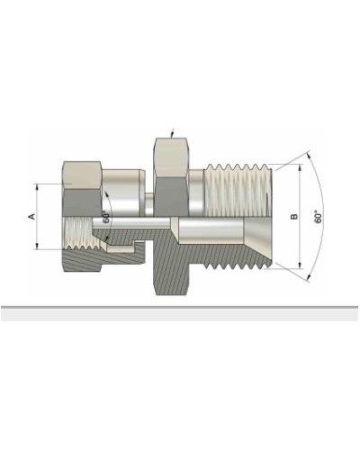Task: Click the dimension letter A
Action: pyautogui.click(x=32, y=217)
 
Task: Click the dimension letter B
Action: pyautogui.click(x=293, y=217)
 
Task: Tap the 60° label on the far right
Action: pyautogui.click(x=319, y=217)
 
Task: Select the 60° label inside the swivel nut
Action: pyautogui.click(x=105, y=217)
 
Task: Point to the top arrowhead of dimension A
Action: pyautogui.click(x=37, y=186)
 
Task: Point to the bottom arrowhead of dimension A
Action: pyautogui.click(x=37, y=247)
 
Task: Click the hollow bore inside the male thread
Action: pyautogui.click(x=225, y=231)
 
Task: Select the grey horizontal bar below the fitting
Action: pyautogui.click(x=180, y=313)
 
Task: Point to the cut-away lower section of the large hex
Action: pyautogui.click(x=171, y=270)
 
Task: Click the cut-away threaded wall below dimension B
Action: pyautogui.click(x=238, y=256)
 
